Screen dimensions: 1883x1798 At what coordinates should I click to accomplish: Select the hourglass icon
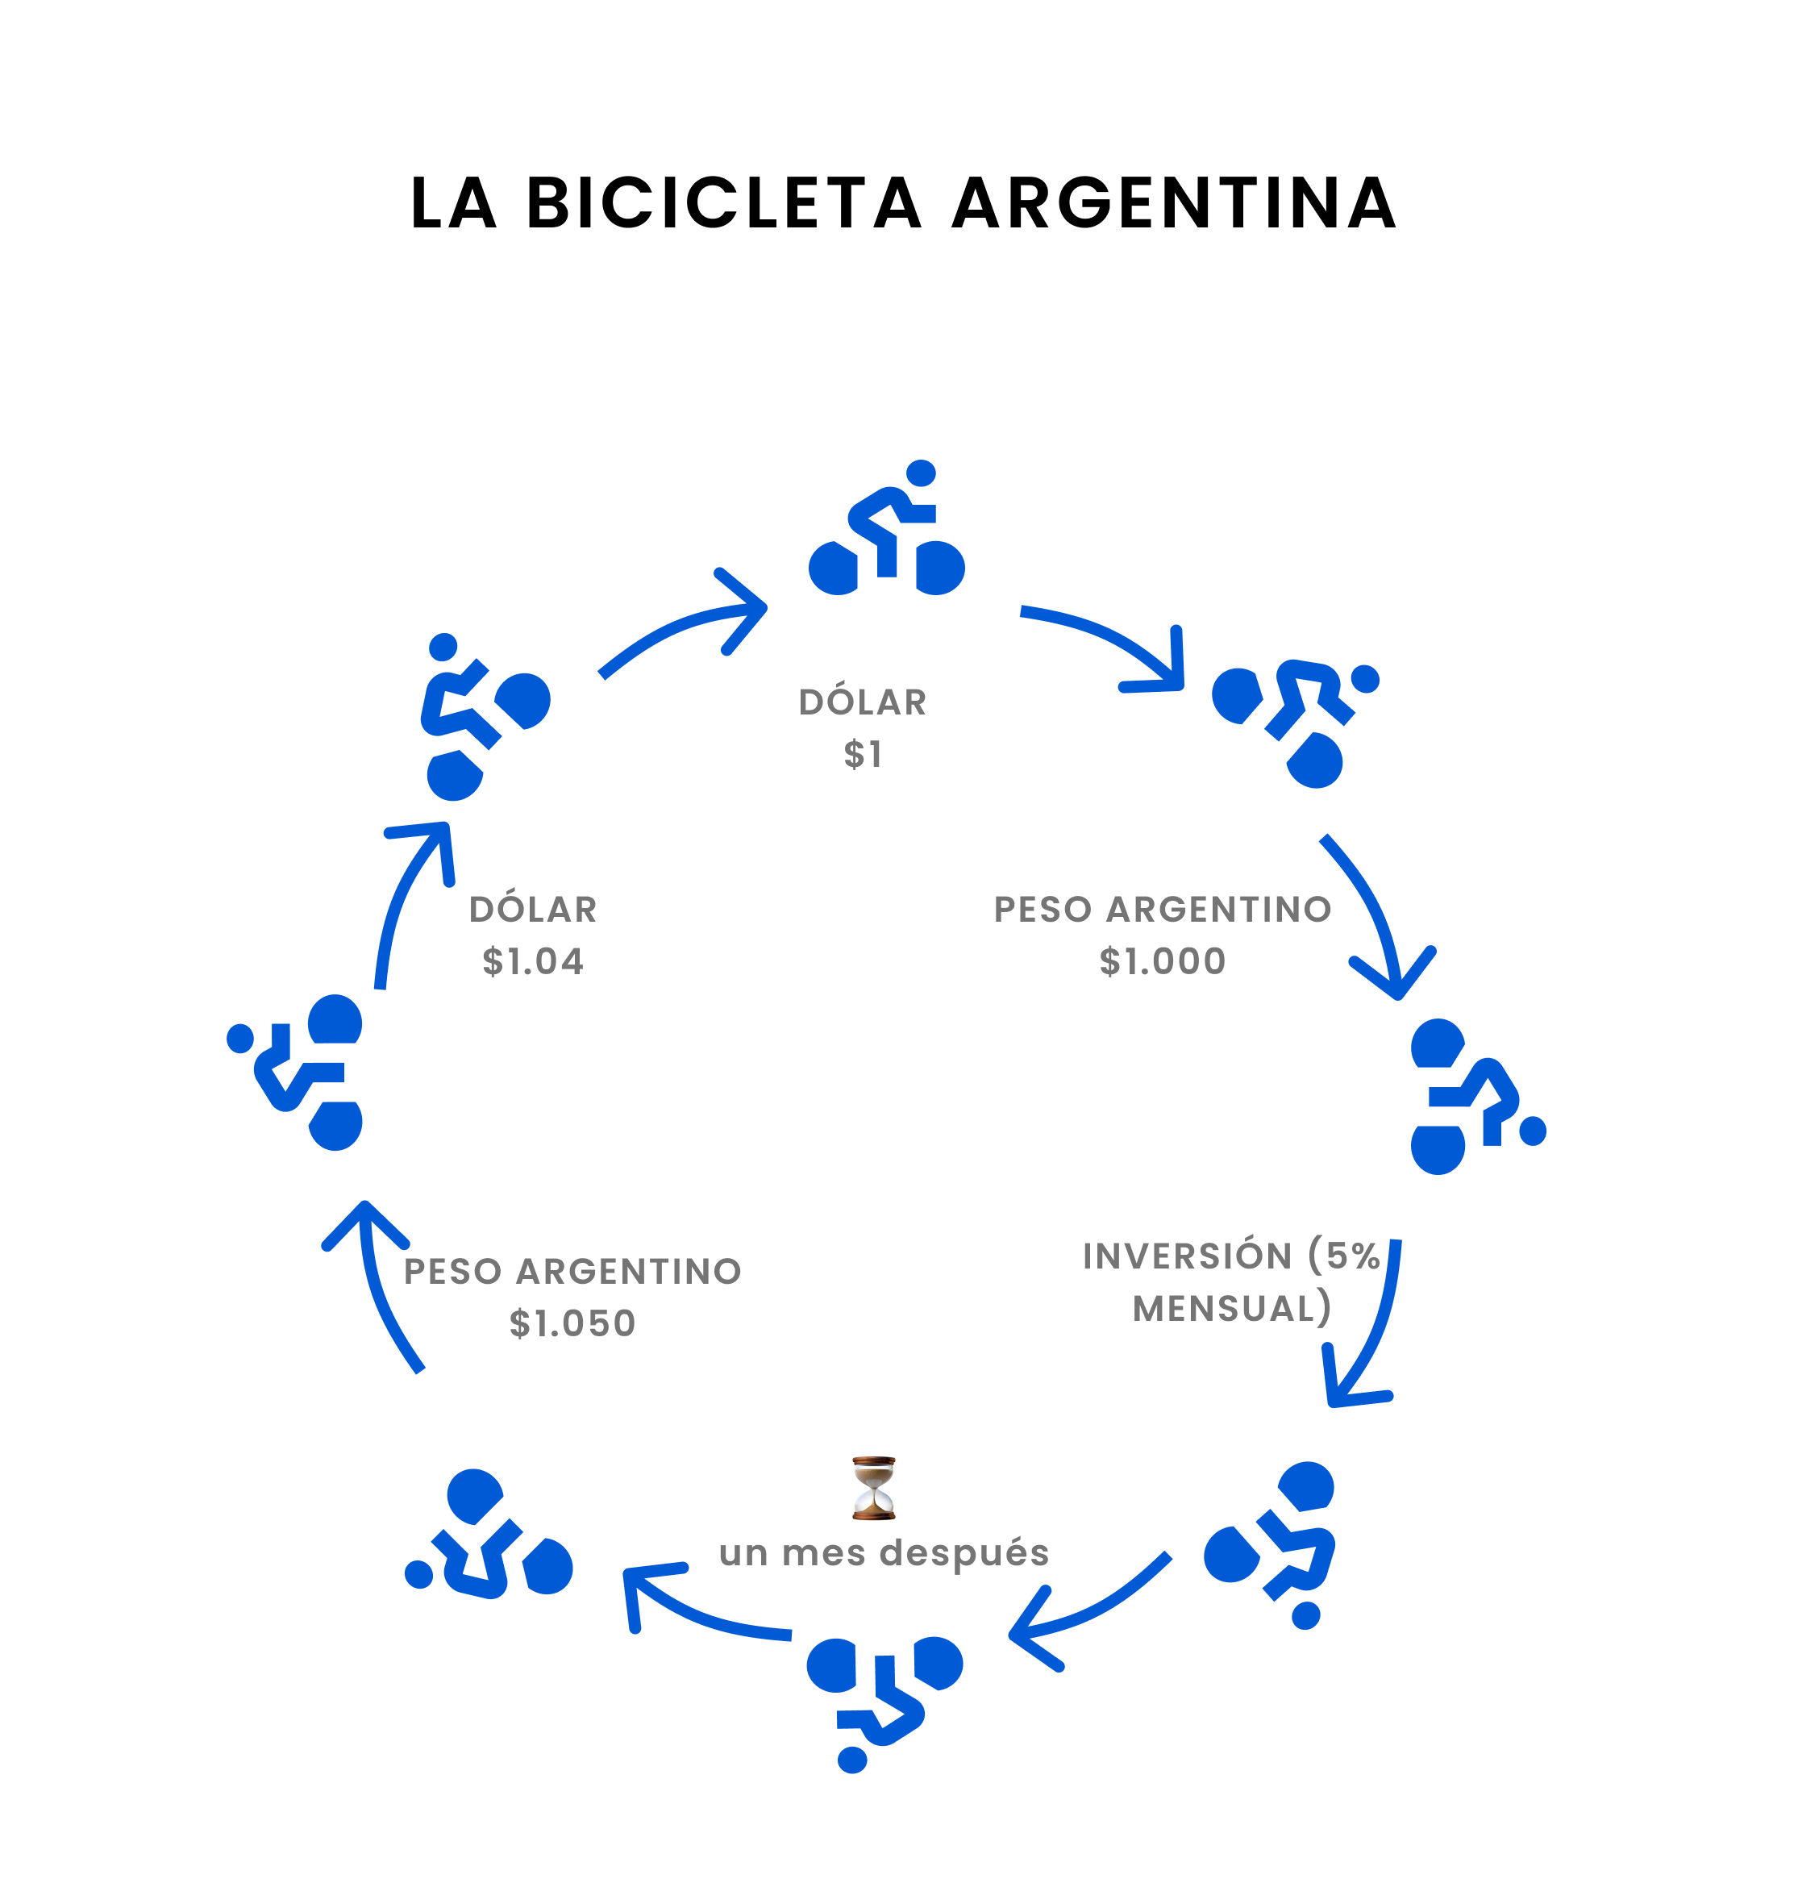coord(873,1488)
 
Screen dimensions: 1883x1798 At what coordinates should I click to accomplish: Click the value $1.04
coord(533,961)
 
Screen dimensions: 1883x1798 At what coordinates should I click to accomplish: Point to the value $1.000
coord(1163,961)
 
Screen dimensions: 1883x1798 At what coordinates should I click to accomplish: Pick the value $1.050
coord(572,1324)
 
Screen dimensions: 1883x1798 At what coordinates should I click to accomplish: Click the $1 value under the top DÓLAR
coord(863,755)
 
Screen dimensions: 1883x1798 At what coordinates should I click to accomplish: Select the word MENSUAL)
coord(1231,1309)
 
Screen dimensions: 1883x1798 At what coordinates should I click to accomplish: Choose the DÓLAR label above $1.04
coord(533,910)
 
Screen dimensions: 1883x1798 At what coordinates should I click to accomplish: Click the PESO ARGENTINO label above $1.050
coord(572,1273)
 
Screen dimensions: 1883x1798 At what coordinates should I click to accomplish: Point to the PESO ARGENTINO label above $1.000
coord(1163,910)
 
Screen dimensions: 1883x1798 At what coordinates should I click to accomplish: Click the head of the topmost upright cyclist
coord(920,473)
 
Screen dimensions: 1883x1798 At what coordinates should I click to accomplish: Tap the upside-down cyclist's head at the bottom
coord(852,1760)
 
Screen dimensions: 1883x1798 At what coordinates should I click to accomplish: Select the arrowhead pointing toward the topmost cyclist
coord(753,608)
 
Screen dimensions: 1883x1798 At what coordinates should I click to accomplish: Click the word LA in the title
coord(453,203)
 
